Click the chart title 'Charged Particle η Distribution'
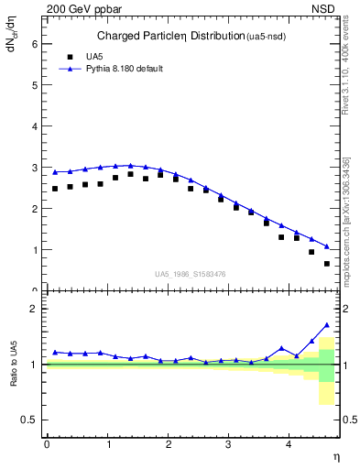170,37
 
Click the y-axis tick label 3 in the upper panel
35,167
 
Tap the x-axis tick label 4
289,445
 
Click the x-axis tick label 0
46,445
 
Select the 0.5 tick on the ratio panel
31,420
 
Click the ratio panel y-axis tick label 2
35,309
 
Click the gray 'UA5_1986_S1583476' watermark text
191,274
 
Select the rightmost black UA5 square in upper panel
327,264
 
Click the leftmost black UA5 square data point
55,189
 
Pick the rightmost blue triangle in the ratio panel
327,325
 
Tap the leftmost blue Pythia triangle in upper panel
55,172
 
